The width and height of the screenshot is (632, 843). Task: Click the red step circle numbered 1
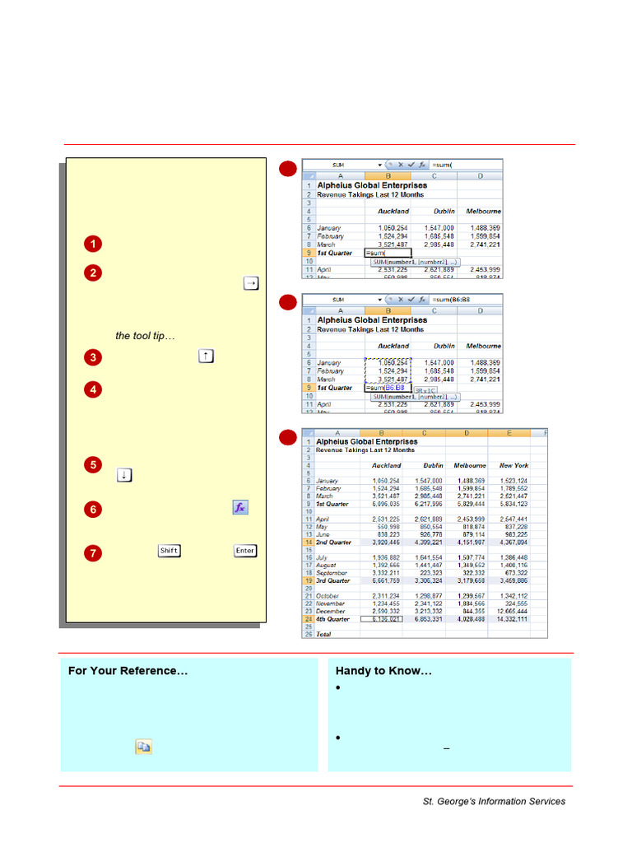point(93,244)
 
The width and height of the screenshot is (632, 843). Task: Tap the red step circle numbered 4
point(93,389)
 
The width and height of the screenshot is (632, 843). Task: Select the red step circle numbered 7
point(93,552)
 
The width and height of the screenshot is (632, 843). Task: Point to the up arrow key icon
point(206,356)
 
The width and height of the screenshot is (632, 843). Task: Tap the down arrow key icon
point(124,475)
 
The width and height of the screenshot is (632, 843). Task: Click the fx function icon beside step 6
point(239,508)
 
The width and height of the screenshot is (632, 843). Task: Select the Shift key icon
point(169,551)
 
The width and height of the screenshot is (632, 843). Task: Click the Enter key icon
point(245,551)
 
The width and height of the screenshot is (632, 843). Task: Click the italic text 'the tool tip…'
point(145,336)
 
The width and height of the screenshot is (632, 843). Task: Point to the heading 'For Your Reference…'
point(128,671)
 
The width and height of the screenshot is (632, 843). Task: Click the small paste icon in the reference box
point(143,748)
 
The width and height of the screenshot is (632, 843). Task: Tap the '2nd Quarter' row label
point(334,543)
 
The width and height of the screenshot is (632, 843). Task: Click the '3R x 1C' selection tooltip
point(425,391)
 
